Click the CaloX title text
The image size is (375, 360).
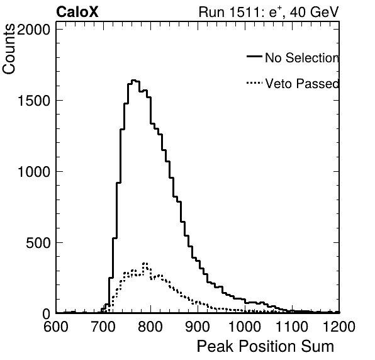point(77,12)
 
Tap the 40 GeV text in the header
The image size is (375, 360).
point(314,12)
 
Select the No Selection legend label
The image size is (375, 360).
point(302,58)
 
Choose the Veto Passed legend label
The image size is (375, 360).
point(302,84)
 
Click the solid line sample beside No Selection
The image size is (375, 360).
point(254,56)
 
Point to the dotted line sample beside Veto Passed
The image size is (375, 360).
point(254,83)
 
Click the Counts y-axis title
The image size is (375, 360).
point(9,49)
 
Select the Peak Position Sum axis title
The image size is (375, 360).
point(266,346)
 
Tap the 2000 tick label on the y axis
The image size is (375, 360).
point(33,30)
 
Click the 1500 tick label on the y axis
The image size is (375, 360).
point(33,101)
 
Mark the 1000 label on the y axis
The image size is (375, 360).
point(33,172)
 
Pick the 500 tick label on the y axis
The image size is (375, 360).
point(38,243)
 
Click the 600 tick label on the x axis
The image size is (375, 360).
point(56,326)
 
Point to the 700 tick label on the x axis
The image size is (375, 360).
point(103,326)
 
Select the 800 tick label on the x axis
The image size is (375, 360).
point(150,326)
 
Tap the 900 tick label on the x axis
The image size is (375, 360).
point(198,326)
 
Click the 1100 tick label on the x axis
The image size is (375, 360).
point(292,326)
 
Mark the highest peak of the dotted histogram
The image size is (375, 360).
point(145,263)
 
